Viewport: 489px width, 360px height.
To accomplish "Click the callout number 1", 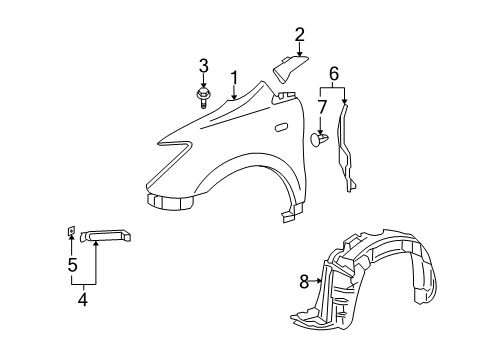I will coord(234,77).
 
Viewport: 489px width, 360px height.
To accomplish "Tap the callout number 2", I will coord(299,35).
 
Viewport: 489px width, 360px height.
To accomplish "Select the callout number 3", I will coord(203,67).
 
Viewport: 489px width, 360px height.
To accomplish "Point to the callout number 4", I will coord(83,297).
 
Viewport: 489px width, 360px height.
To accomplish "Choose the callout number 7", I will coord(322,107).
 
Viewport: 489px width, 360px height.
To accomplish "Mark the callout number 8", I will coord(305,282).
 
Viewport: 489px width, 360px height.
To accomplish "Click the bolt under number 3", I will coord(204,96).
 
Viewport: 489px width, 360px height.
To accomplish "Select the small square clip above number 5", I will coord(72,233).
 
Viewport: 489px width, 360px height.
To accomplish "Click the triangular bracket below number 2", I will coord(289,69).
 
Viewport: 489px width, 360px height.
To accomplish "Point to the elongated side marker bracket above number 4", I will coord(105,235).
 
